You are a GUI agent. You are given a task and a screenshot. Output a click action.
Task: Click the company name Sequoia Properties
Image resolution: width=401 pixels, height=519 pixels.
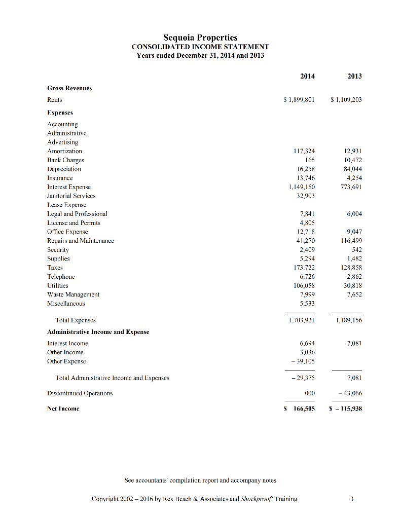point(200,38)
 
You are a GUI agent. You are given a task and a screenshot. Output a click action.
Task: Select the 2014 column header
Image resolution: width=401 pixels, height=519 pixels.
point(307,76)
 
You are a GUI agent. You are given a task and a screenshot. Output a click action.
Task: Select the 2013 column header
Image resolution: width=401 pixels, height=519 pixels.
point(354,76)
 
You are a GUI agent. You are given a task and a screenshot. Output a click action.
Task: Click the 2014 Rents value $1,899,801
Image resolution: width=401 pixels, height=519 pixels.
point(299,100)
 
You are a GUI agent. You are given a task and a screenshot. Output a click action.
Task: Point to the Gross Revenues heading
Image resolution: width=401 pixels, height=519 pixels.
point(69,88)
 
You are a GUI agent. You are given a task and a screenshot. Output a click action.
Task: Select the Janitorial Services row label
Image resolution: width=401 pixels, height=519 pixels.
point(71,196)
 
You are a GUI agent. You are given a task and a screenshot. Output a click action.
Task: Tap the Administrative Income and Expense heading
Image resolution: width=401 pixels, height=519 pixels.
point(98,332)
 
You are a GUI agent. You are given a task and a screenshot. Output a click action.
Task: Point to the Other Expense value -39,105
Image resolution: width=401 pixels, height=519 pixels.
point(303,361)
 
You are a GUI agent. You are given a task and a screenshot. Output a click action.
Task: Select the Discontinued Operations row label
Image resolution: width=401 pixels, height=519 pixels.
point(80,393)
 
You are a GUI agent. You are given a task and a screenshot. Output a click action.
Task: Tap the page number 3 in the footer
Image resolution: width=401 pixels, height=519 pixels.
point(352,499)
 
